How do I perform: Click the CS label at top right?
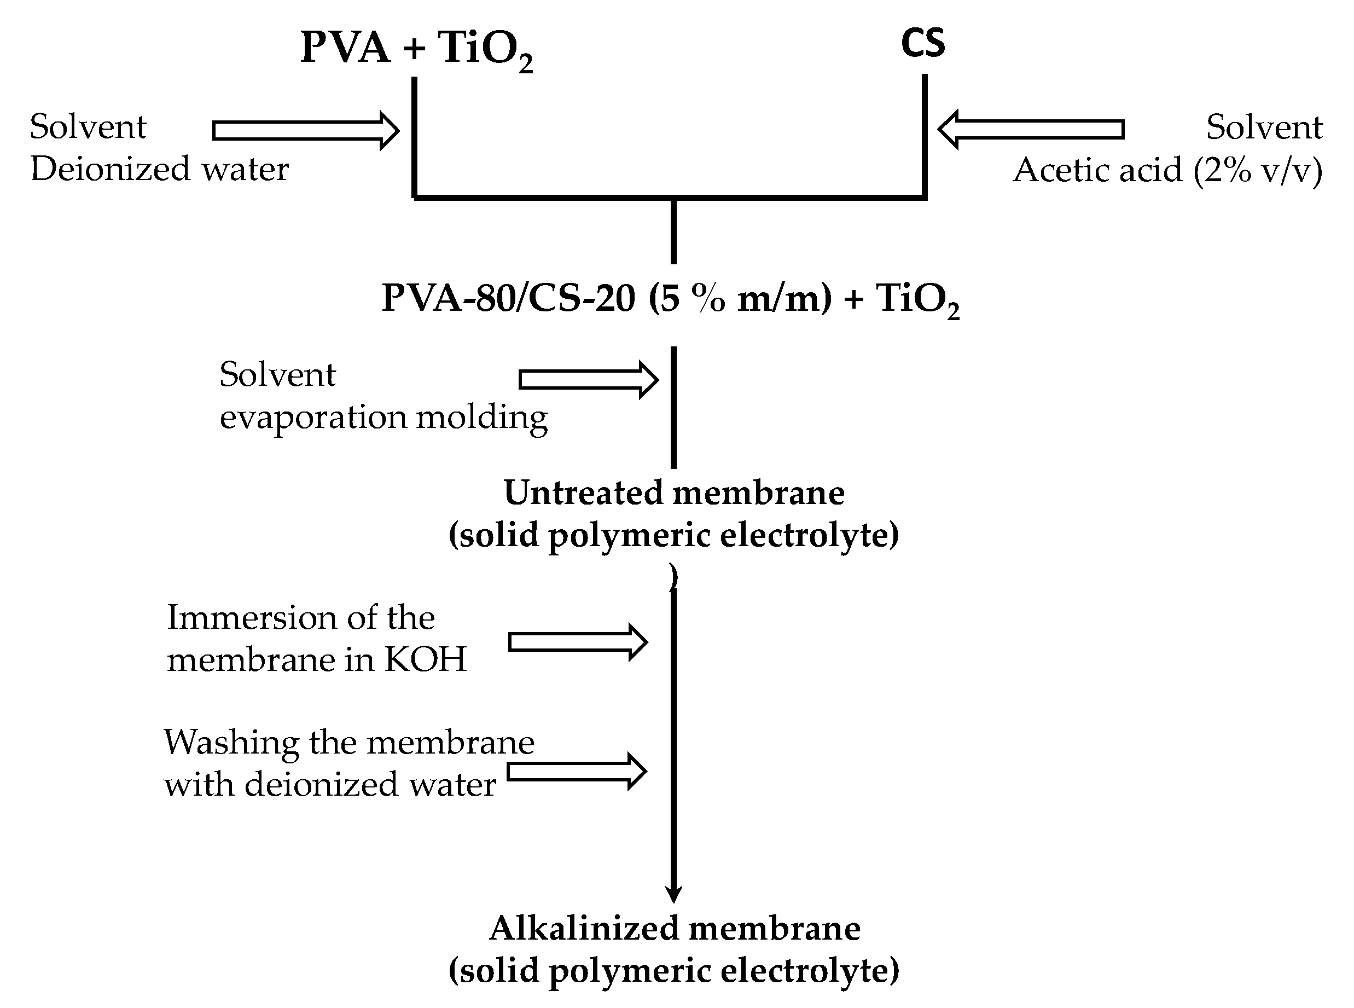[x=923, y=43]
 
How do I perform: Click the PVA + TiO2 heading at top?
[x=416, y=48]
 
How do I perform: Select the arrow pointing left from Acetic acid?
[x=1030, y=129]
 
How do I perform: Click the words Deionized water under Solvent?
[x=159, y=169]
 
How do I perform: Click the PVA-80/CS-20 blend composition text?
[x=670, y=299]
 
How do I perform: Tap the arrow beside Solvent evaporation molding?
[x=588, y=380]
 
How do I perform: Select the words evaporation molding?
[x=383, y=418]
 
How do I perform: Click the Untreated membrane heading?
[x=673, y=493]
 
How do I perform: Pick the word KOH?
[x=425, y=659]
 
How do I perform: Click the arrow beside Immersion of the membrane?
[x=578, y=642]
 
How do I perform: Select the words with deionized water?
[x=329, y=785]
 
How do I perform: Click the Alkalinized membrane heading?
[x=675, y=928]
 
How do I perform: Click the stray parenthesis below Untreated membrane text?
[x=673, y=577]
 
